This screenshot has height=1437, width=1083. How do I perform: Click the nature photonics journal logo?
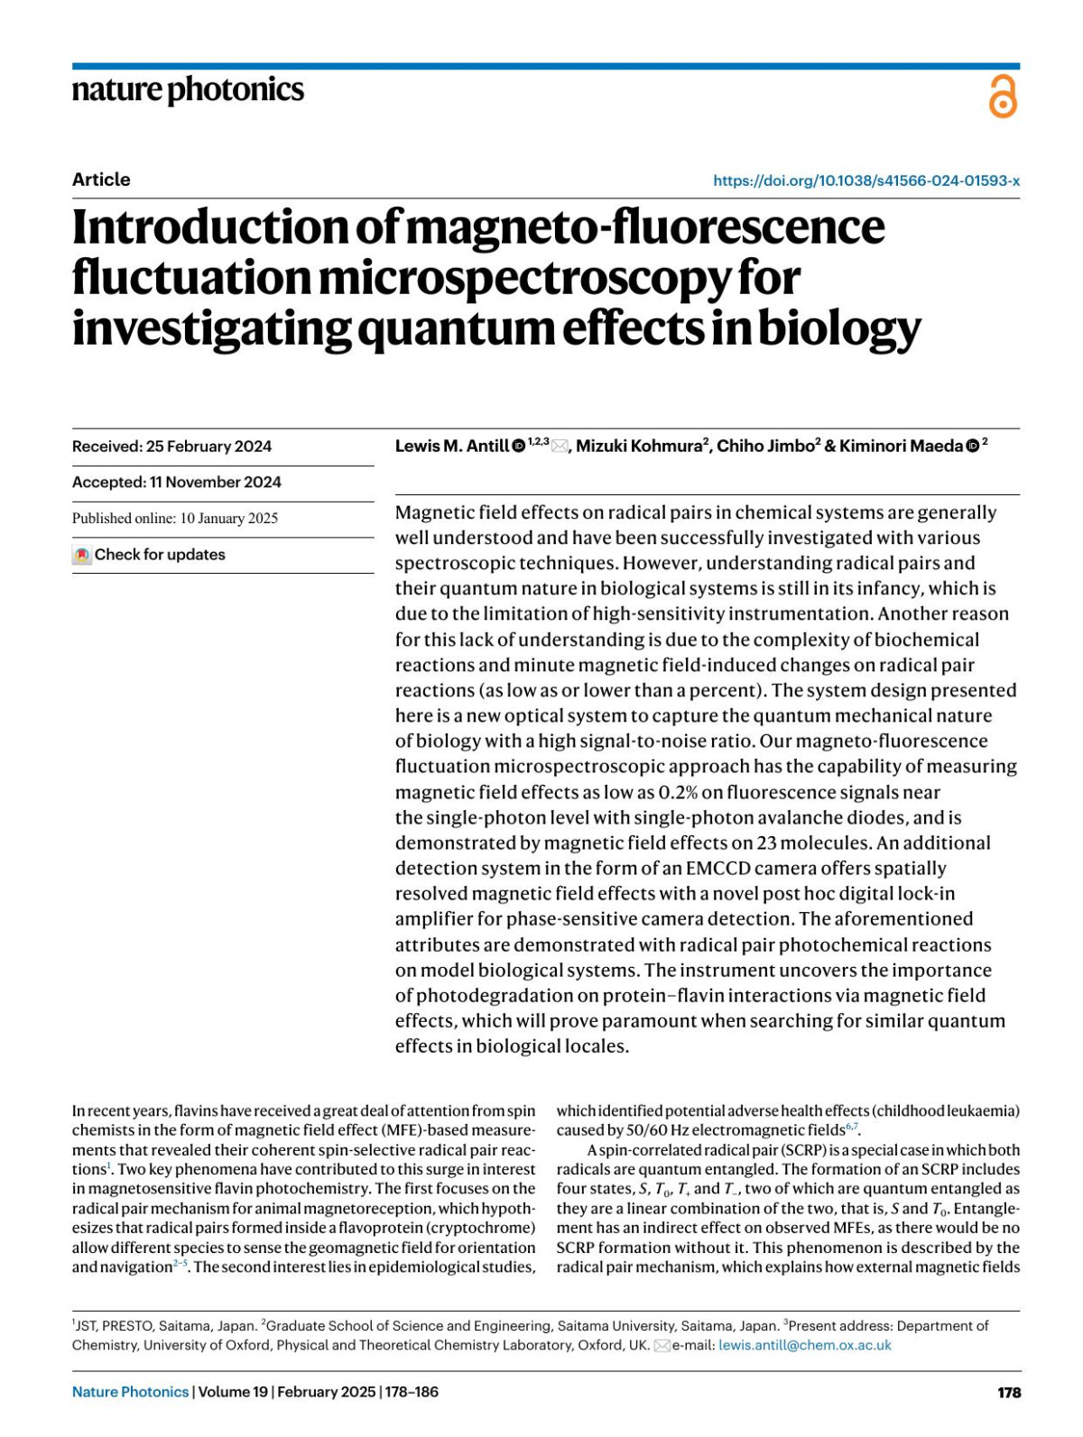[188, 90]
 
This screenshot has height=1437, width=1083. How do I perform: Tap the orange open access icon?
[1003, 97]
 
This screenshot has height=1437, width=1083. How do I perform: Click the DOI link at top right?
[865, 180]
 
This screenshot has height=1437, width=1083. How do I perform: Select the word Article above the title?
[101, 180]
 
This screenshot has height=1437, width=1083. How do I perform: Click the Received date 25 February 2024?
[171, 447]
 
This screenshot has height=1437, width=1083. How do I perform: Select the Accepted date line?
[176, 483]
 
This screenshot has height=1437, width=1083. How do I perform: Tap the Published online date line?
[175, 519]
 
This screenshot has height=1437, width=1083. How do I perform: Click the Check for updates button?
[149, 555]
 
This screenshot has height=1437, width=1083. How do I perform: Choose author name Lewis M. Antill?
[451, 447]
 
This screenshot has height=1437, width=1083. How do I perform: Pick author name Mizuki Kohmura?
[638, 447]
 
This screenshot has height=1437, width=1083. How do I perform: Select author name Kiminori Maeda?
[900, 447]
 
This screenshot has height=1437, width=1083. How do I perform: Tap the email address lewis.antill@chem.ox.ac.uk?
[804, 1345]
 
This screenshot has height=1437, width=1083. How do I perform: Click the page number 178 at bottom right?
[1009, 1393]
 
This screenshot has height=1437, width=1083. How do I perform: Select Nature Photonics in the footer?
[130, 1393]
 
